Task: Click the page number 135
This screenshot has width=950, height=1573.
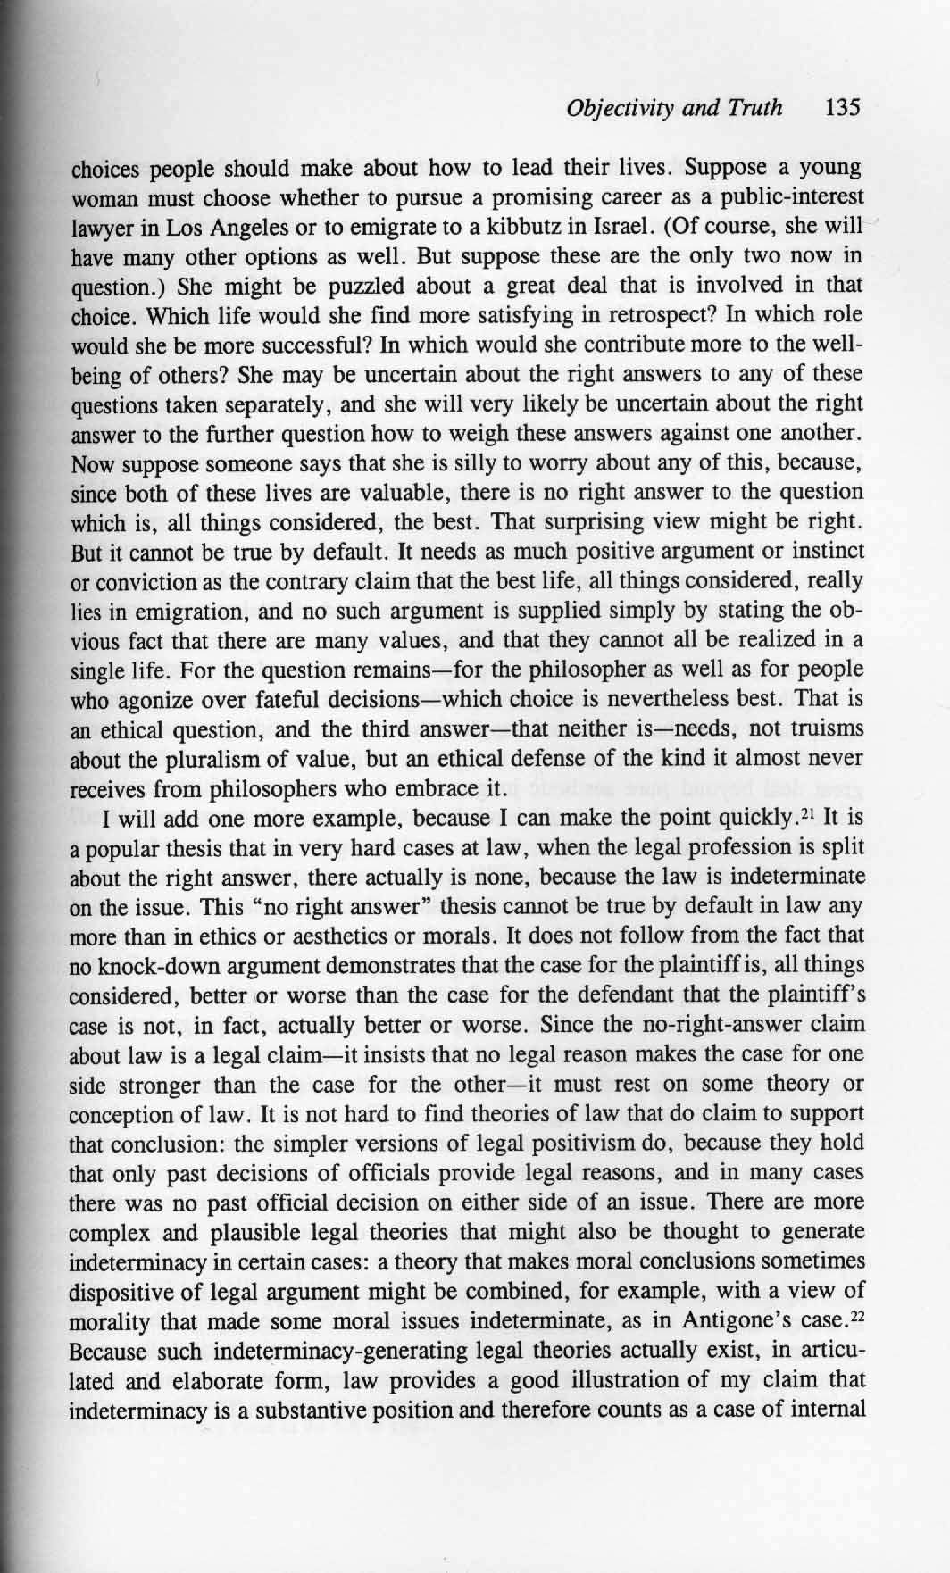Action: click(x=843, y=109)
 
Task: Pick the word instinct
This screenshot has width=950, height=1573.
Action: click(x=829, y=552)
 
